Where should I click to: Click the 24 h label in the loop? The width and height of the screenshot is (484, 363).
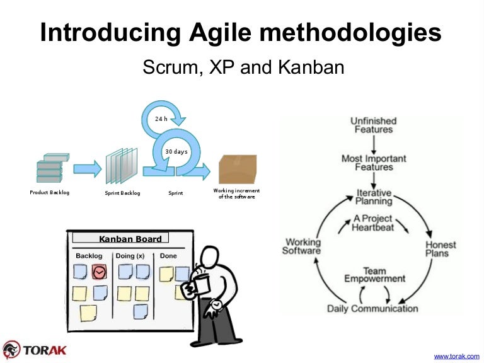[161, 118]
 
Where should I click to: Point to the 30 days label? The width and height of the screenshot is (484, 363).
[176, 152]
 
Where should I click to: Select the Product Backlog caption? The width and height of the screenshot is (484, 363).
[50, 192]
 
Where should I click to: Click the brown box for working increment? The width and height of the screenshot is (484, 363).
[238, 169]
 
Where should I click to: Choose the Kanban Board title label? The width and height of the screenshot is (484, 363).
[130, 239]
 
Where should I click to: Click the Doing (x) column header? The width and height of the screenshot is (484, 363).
[129, 256]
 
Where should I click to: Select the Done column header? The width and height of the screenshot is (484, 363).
[168, 256]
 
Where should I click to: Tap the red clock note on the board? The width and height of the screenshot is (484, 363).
[99, 272]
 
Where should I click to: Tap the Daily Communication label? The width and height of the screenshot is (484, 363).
[372, 309]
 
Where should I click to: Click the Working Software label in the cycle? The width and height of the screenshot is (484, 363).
[302, 246]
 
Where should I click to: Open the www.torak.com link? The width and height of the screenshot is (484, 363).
[458, 356]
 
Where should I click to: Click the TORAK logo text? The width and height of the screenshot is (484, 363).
[44, 350]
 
